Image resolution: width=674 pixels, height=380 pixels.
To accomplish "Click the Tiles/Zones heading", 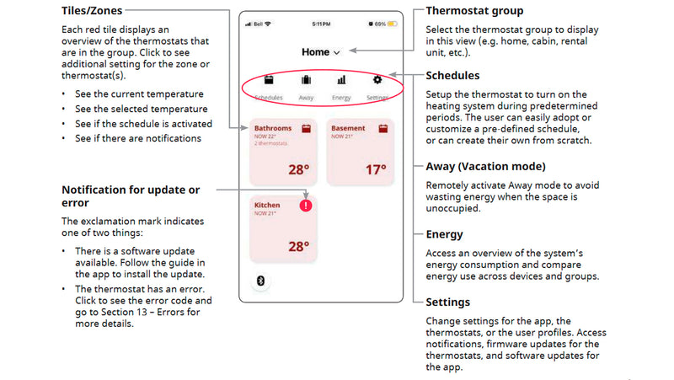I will pyautogui.click(x=91, y=11).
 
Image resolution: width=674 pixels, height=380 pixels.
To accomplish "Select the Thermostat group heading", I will pyautogui.click(x=474, y=11).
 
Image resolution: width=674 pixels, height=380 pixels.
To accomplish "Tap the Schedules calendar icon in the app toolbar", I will pyautogui.click(x=269, y=81).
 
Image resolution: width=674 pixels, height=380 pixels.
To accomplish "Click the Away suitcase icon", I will pyautogui.click(x=306, y=81).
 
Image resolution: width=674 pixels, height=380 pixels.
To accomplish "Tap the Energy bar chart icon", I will pyautogui.click(x=342, y=81).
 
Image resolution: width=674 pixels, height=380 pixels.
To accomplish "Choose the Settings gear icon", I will pyautogui.click(x=377, y=81).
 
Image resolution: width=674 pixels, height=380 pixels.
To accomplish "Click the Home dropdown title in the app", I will pyautogui.click(x=320, y=52).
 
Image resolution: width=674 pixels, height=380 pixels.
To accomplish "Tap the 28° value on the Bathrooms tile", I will pyautogui.click(x=299, y=169).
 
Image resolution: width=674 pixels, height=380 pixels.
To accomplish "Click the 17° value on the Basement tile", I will pyautogui.click(x=376, y=169).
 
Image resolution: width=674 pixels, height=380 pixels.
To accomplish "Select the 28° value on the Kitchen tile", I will pyautogui.click(x=299, y=247).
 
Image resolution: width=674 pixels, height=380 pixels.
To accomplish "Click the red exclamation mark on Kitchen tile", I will pyautogui.click(x=306, y=206).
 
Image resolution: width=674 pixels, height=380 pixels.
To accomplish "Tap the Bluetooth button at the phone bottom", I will pyautogui.click(x=260, y=281).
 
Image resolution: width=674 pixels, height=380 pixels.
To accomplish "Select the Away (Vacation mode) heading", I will pyautogui.click(x=489, y=166).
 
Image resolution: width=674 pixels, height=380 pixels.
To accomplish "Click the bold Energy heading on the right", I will pyautogui.click(x=445, y=233).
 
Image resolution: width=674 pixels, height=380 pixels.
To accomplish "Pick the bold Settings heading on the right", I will pyautogui.click(x=448, y=302).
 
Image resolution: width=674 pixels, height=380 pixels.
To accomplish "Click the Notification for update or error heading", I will pyautogui.click(x=131, y=196).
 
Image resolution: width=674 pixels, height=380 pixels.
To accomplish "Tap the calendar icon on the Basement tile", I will pyautogui.click(x=382, y=130).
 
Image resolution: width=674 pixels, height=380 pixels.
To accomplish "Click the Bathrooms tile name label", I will pyautogui.click(x=273, y=129).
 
